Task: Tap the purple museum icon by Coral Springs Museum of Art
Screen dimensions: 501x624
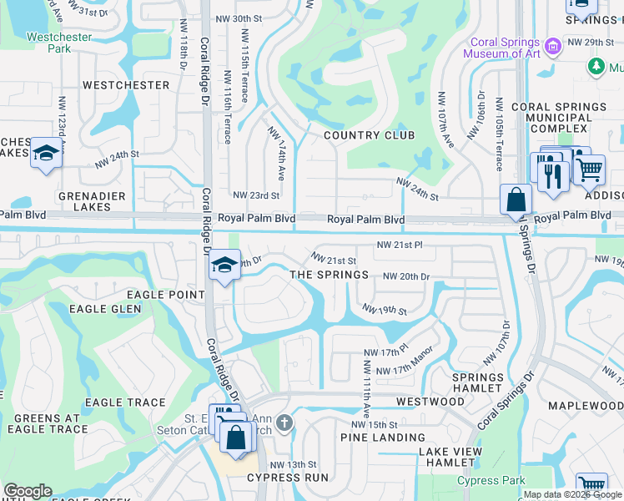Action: coord(551,43)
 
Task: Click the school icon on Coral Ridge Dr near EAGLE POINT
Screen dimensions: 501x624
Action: coord(223,266)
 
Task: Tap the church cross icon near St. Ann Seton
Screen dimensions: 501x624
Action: coord(284,423)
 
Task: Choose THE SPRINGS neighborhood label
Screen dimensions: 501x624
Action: coord(329,275)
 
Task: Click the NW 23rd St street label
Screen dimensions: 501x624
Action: coord(255,195)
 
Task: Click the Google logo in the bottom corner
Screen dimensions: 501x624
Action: coord(28,491)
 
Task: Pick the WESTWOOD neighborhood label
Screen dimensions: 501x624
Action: coord(430,402)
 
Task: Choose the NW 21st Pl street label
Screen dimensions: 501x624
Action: coord(400,245)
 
